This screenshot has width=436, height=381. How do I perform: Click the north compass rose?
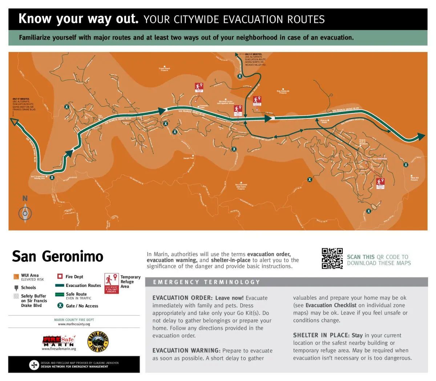tap(25, 213)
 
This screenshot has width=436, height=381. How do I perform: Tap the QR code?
tap(332, 258)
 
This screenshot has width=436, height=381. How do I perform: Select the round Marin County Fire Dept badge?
tap(98, 341)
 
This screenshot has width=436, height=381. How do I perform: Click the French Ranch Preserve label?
tap(164, 69)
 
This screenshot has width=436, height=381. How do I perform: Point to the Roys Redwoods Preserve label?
tap(283, 92)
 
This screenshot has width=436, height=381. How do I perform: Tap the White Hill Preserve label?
tap(414, 178)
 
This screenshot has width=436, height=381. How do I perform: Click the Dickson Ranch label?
tap(324, 121)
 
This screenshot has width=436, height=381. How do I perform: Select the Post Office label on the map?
tap(100, 117)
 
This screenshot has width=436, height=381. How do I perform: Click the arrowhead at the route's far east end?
tap(421, 137)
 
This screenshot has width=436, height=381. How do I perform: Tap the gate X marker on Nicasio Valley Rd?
tap(240, 76)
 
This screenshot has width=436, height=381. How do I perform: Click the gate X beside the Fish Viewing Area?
tap(52, 178)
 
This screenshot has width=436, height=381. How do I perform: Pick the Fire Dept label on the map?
tap(374, 159)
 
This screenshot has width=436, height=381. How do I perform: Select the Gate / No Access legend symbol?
tap(60, 305)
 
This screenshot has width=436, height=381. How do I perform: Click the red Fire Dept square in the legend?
tap(60, 276)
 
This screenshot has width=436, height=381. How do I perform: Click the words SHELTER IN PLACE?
tap(321, 335)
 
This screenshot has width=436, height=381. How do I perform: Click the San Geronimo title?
tap(58, 256)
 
